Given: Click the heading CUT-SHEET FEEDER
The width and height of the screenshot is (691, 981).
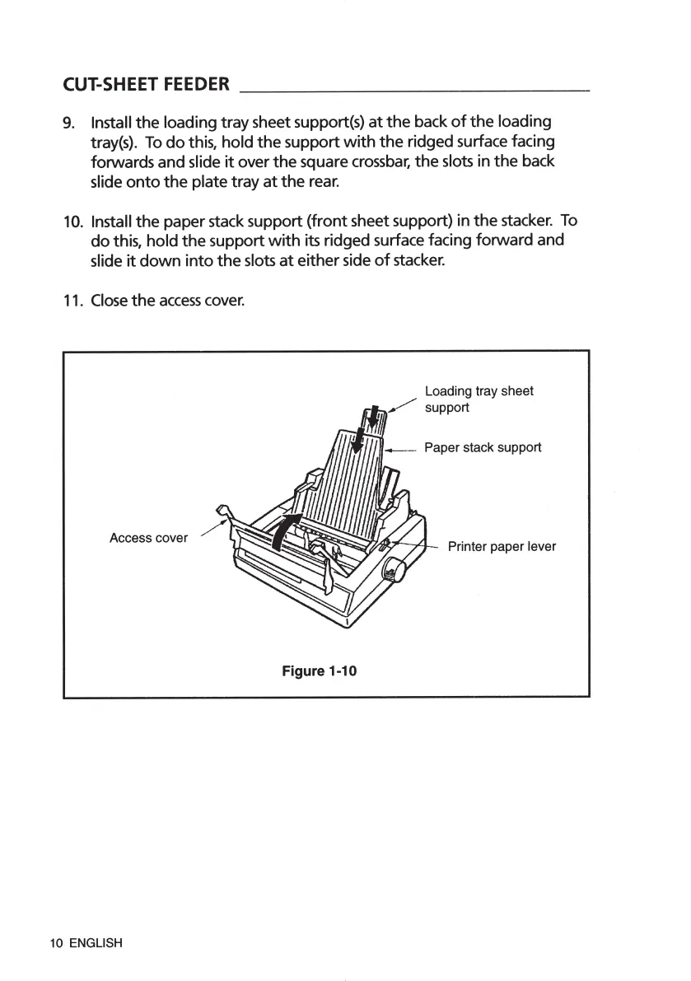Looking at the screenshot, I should point(147,84).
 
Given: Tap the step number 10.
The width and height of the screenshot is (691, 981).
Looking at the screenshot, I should point(72,222).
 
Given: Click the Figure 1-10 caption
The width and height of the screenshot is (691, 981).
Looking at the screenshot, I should point(319,671).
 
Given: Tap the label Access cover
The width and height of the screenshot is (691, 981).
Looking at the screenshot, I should point(148,538).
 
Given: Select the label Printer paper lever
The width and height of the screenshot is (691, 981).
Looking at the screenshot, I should point(502,546).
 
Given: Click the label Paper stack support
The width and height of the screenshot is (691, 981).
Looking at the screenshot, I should point(482,447).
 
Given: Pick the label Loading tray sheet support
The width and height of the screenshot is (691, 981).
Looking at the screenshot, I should point(479,399).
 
